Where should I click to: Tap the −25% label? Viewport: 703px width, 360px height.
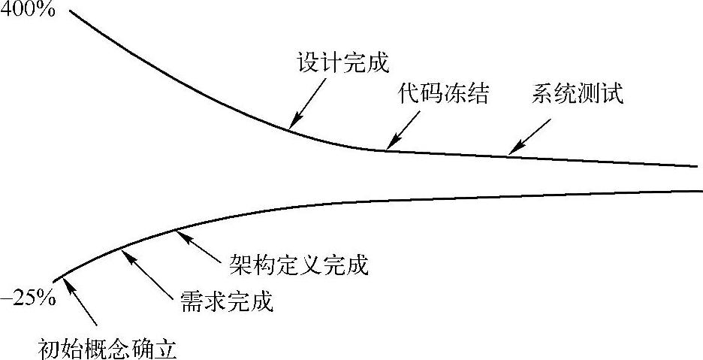[x=28, y=298]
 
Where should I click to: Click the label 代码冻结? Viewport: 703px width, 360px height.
[x=445, y=95]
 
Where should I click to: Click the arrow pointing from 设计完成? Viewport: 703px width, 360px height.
[x=310, y=101]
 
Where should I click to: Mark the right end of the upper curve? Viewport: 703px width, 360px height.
[x=698, y=167]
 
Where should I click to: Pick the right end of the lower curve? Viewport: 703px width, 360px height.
[x=698, y=191]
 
